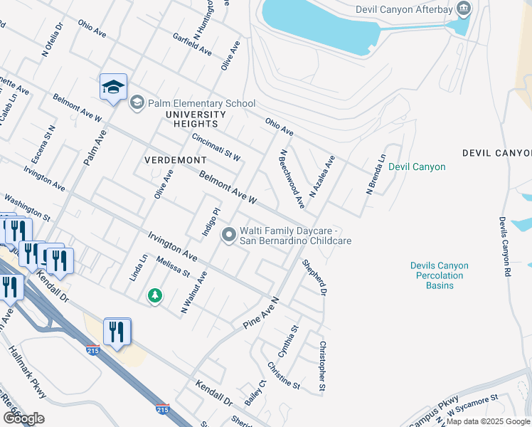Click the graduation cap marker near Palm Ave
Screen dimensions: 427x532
pos(113,87)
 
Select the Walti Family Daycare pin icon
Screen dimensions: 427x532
pos(228,234)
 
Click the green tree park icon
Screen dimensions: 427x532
pos(154,295)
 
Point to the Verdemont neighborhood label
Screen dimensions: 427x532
pos(175,160)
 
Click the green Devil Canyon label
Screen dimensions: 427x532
pos(417,167)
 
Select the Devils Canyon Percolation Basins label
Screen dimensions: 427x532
pos(439,275)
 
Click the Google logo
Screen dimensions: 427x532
pos(23,418)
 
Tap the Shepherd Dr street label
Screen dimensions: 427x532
pos(314,277)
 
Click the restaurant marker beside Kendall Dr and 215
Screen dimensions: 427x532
pos(117,332)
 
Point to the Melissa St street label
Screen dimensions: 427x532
pos(174,268)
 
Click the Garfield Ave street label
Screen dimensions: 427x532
pos(192,44)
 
